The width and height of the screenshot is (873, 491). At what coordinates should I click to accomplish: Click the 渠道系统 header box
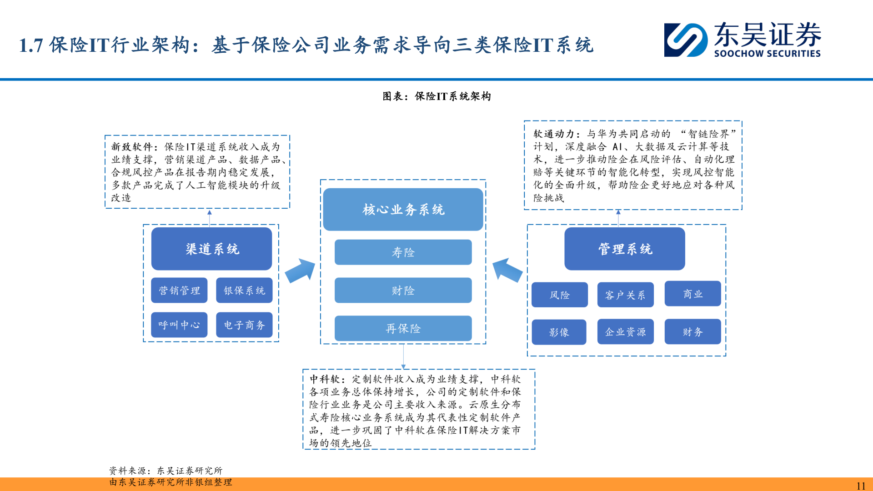click(x=211, y=249)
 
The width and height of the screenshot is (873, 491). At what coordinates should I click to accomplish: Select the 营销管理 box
click(x=179, y=291)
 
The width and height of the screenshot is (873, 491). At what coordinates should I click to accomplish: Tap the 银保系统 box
click(x=244, y=291)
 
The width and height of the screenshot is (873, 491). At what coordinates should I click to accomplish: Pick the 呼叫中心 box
click(x=179, y=325)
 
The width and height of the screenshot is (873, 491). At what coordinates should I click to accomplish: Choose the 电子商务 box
click(x=244, y=325)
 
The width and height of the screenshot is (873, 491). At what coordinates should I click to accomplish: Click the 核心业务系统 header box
click(x=403, y=210)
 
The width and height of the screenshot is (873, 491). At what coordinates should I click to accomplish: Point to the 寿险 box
click(x=403, y=252)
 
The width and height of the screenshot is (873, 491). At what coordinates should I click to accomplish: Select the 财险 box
click(x=403, y=291)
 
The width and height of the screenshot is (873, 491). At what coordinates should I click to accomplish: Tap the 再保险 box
click(x=403, y=328)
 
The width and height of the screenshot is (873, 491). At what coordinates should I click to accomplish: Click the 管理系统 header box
click(x=625, y=249)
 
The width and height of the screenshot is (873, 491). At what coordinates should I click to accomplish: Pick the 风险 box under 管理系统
click(x=560, y=295)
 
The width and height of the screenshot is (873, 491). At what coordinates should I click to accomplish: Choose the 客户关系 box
click(x=625, y=295)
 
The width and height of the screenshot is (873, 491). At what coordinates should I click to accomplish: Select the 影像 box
click(x=559, y=332)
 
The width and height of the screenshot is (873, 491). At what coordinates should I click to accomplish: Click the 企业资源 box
click(x=625, y=332)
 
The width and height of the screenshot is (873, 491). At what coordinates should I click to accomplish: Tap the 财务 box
click(x=692, y=332)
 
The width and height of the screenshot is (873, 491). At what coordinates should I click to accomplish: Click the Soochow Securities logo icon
click(x=685, y=40)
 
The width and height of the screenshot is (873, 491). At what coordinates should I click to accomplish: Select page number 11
click(x=861, y=485)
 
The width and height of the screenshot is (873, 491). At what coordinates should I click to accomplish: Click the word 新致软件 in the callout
click(x=132, y=147)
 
